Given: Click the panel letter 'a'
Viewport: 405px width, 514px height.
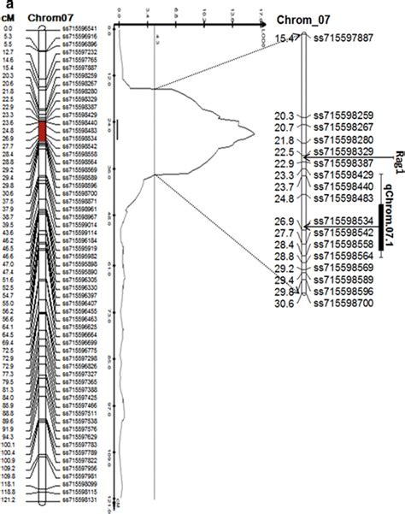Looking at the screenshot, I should [4, 4].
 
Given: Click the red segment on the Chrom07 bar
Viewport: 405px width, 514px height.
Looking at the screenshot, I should [42, 129].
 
